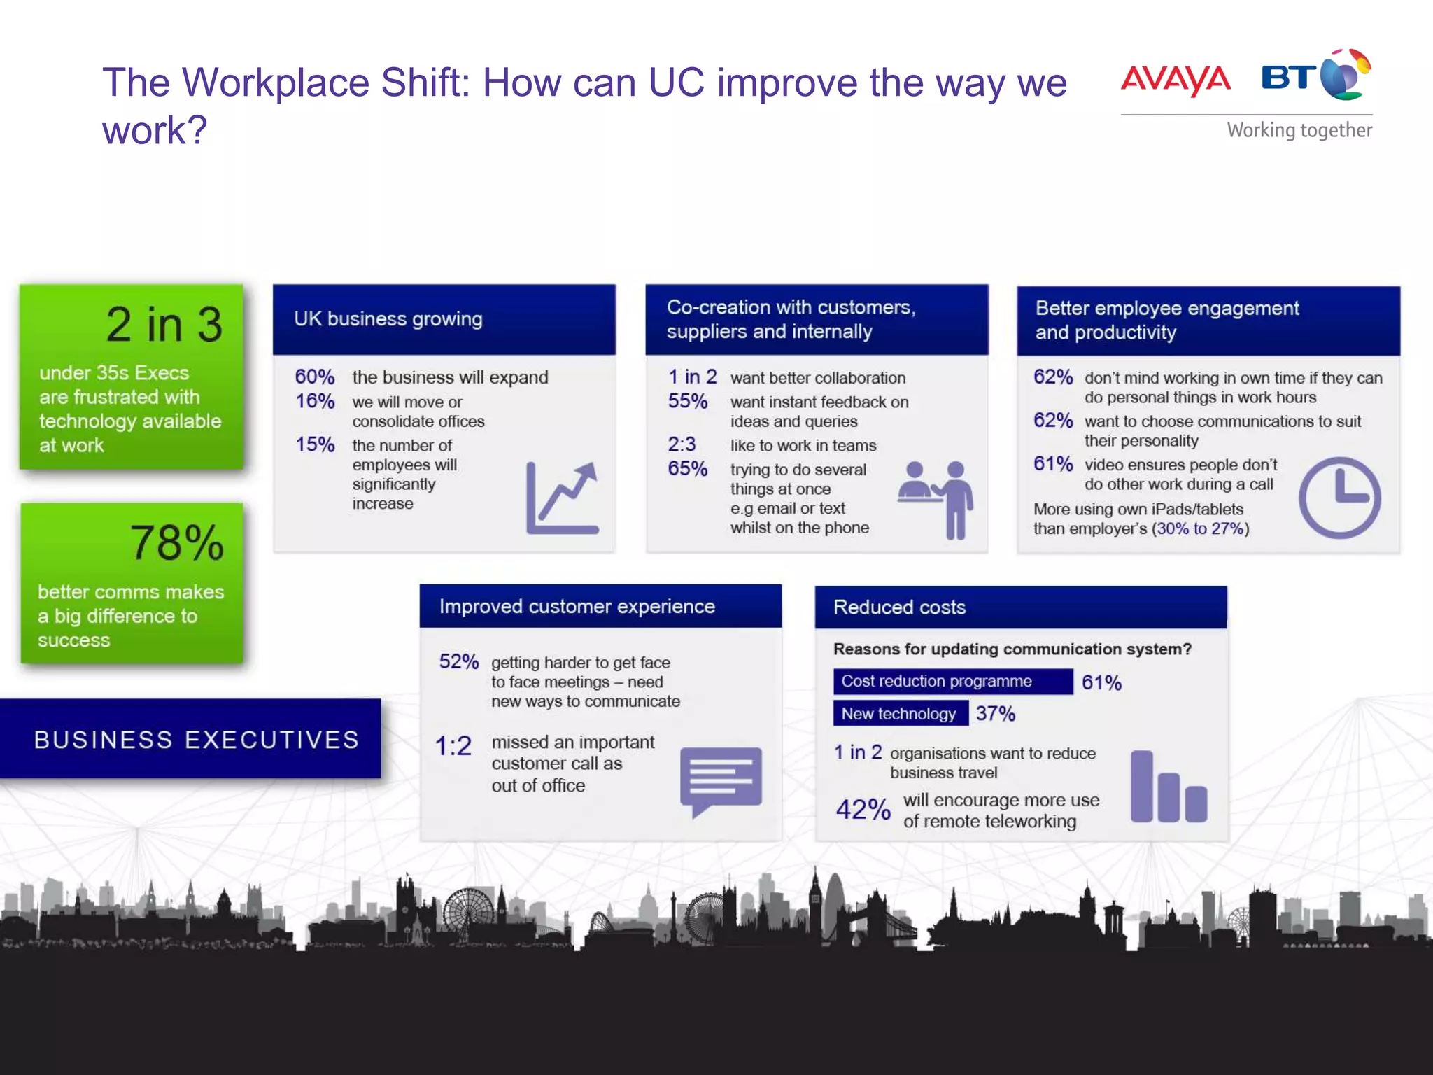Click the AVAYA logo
[x=1176, y=79]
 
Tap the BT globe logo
[x=1344, y=76]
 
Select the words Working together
[x=1299, y=130]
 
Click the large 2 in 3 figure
[x=164, y=325]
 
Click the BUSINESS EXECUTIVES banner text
[x=196, y=740]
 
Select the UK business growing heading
[x=388, y=319]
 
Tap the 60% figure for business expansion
[x=315, y=377]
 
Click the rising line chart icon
[x=562, y=498]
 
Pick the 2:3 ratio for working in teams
[x=682, y=444]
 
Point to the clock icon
[x=1339, y=498]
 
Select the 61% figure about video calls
[x=1053, y=464]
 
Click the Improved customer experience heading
[x=577, y=607]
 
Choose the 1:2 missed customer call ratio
[x=453, y=746]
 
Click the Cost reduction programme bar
[x=952, y=682]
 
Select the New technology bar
[x=901, y=714]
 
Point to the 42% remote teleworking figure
[x=863, y=810]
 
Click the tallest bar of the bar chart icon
[x=1142, y=785]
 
